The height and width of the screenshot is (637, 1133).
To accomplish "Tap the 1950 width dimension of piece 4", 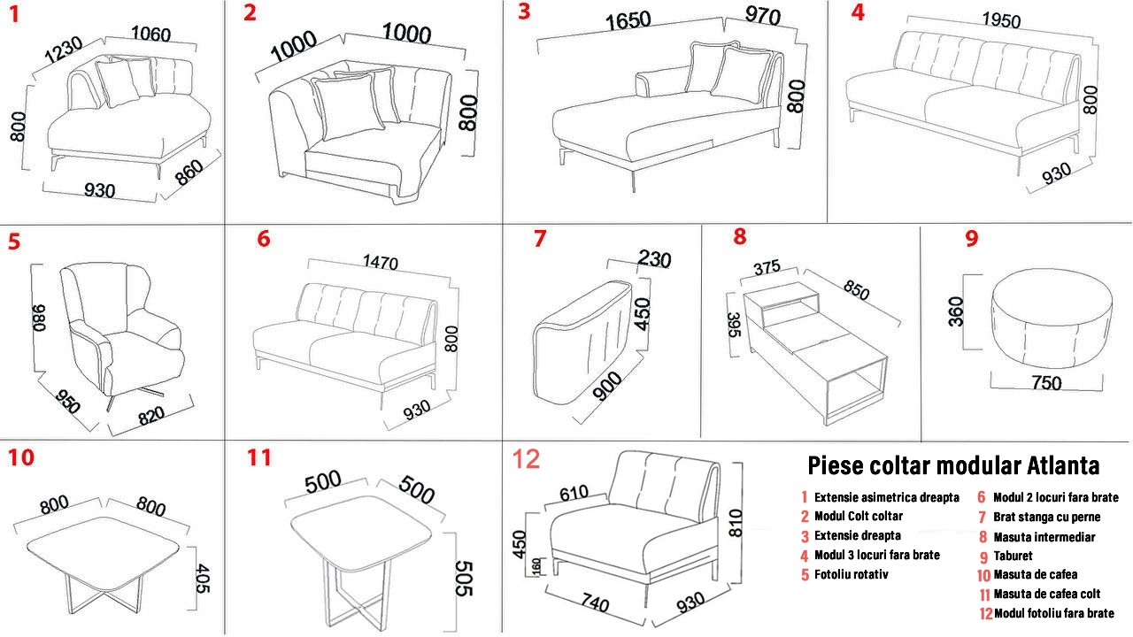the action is click(x=1001, y=20).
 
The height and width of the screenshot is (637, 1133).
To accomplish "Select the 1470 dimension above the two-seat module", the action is click(x=381, y=262).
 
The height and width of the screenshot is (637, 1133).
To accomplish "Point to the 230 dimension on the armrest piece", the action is click(x=654, y=258).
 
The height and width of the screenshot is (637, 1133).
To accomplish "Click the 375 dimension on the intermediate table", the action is click(x=767, y=267).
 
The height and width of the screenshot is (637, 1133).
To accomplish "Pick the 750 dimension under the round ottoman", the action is click(x=1046, y=383).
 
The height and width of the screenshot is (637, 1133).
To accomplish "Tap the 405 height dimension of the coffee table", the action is click(x=202, y=578).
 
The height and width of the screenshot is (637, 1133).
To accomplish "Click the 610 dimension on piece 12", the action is click(x=574, y=493).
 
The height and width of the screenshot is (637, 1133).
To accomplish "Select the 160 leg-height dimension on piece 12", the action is click(x=536, y=566).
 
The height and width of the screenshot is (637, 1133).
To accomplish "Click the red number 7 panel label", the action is click(x=540, y=239).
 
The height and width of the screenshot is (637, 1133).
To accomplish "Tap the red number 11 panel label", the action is click(x=259, y=457).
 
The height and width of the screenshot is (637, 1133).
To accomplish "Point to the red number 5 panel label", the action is click(x=14, y=242).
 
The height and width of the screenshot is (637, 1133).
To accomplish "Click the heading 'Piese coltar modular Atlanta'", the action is click(x=953, y=465).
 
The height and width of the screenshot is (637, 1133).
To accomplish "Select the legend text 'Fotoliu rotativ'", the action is click(x=852, y=574).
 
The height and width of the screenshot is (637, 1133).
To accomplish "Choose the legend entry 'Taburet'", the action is click(x=1014, y=556).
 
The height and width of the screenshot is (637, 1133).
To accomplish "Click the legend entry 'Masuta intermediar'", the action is click(x=1044, y=537).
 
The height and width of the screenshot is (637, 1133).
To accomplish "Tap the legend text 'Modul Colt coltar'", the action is click(x=859, y=516).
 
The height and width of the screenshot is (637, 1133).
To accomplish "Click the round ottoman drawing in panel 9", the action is click(x=1052, y=318).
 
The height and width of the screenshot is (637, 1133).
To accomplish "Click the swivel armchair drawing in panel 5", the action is click(x=121, y=334).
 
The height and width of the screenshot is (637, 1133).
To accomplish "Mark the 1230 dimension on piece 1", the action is click(x=63, y=50).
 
